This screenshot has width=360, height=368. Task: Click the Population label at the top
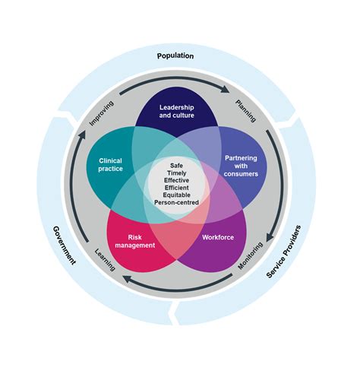point(175,56)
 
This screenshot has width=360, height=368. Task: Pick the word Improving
point(102,113)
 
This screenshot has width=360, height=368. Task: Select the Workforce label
point(218,237)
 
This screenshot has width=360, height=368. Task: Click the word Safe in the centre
point(176,166)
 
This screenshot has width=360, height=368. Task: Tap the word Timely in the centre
point(176,174)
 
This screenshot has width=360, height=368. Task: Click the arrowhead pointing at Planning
point(226,88)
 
